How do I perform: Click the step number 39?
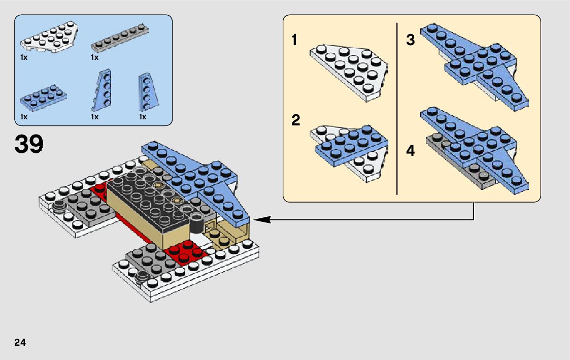29,144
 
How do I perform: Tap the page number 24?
20,342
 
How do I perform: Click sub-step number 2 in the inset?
295,121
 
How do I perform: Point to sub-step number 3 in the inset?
411,40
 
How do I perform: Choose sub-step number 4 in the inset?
411,151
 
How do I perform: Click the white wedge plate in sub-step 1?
350,72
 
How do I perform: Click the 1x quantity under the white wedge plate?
23,58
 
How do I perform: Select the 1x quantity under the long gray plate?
94,58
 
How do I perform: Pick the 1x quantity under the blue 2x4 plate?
23,117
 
